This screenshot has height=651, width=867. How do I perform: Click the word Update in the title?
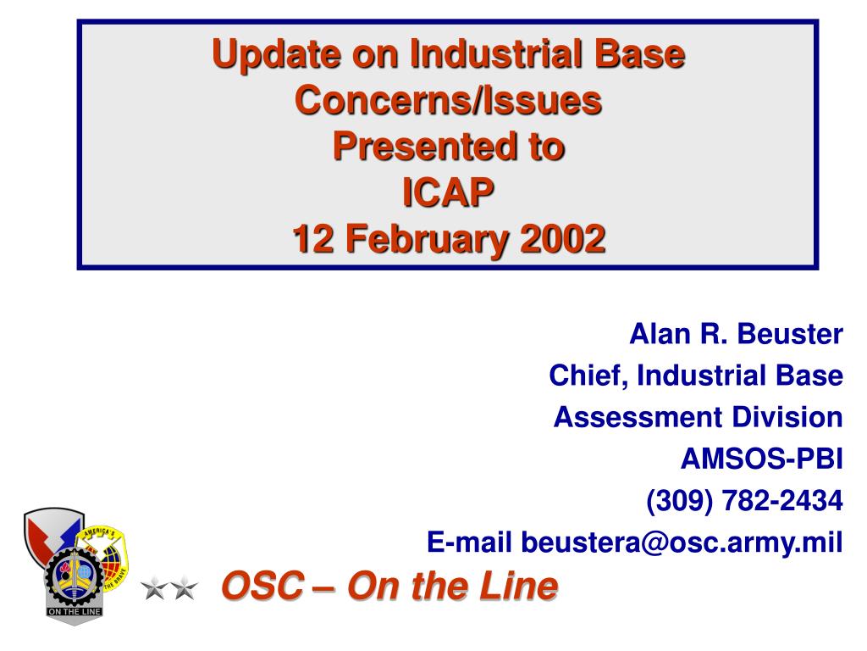277,55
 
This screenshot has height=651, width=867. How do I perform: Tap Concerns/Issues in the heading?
449,100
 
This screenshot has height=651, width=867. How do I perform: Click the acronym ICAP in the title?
448,192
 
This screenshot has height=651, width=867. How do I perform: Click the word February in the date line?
427,240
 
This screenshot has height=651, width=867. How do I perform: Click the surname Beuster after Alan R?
790,334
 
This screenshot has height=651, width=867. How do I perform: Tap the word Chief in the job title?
588,376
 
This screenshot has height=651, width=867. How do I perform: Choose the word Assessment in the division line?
638,417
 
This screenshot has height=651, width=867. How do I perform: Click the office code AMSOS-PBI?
762,459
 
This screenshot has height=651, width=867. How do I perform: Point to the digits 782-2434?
782,500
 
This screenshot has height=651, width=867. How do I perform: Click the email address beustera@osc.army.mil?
682,542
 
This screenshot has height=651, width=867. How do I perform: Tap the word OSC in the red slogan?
262,586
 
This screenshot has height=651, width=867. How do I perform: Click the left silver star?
154,588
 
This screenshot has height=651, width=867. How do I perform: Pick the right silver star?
184,588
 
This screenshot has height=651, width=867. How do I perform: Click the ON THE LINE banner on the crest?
75,612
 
